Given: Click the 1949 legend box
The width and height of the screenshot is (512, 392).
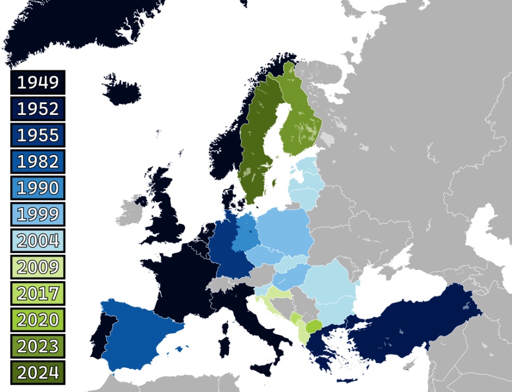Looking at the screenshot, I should pos(37,82).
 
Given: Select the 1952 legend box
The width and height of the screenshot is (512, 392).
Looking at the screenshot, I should pos(37,109).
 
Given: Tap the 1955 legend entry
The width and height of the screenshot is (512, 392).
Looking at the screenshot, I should pos(37,135).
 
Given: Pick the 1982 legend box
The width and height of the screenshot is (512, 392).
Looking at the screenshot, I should pos(37,161).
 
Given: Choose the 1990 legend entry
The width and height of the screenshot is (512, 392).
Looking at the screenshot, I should pos(37,188).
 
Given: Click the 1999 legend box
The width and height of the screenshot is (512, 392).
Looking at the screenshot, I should pos(37,214).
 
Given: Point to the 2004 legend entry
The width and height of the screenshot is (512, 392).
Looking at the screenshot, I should pos(37,240).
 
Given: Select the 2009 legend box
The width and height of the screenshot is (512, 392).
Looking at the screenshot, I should pos(37,267).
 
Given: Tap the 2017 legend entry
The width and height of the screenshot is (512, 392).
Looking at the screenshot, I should pos(37,293).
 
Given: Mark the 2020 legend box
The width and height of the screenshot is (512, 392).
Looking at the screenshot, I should pos(37,319).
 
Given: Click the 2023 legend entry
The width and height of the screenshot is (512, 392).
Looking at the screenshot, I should pos(37,346).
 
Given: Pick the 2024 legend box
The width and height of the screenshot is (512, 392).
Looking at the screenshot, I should pos(37,372).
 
